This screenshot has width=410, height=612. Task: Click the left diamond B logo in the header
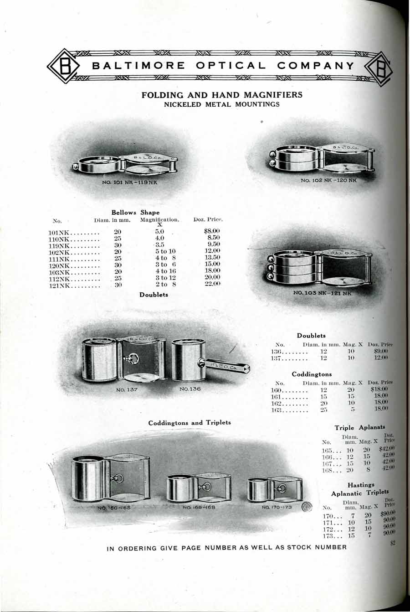64,67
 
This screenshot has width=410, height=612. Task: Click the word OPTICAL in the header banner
231,66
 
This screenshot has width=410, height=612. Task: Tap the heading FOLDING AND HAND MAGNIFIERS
222,95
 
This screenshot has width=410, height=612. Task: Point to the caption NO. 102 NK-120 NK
329,181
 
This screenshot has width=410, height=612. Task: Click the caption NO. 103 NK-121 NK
324,293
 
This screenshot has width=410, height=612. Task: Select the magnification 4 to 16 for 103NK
165,271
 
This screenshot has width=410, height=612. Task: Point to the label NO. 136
190,389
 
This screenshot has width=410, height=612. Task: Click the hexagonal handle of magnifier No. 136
228,365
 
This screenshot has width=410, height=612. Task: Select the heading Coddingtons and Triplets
190,423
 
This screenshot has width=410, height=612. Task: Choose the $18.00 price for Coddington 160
379,389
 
